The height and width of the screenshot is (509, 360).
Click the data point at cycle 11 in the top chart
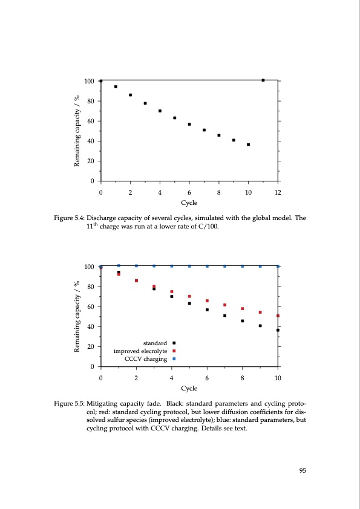click(263, 80)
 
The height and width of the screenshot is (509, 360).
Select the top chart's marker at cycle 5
click(175, 118)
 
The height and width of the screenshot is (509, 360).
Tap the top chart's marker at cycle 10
click(249, 144)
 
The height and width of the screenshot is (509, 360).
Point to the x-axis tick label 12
click(278, 192)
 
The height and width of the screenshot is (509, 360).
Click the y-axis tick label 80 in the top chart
click(90, 101)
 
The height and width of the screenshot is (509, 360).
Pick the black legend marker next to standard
click(174, 343)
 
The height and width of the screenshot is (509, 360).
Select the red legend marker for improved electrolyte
click(174, 351)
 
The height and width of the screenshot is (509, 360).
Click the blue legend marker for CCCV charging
click(174, 359)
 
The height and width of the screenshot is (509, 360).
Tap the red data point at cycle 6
click(207, 300)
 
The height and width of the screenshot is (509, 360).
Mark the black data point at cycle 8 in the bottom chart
click(243, 321)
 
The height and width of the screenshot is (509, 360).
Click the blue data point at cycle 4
click(172, 266)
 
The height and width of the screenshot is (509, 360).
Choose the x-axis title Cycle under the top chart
click(189, 204)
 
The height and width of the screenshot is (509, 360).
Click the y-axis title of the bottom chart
click(77, 316)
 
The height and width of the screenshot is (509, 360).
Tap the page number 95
click(303, 472)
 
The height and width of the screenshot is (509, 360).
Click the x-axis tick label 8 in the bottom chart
click(243, 378)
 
